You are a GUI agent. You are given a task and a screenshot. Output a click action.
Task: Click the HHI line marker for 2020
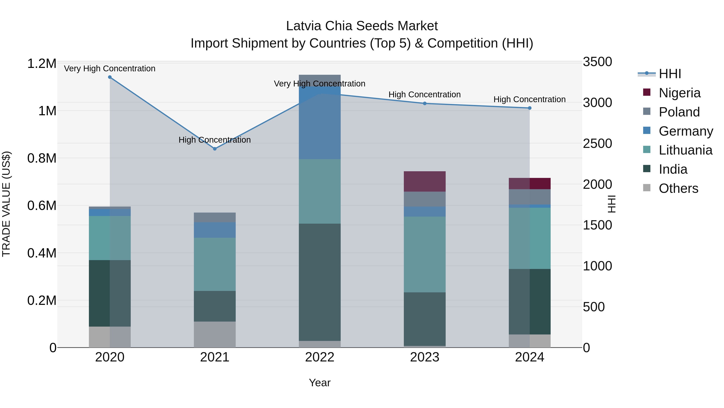pos(110,77)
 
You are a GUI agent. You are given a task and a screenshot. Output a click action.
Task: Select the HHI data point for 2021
pos(215,149)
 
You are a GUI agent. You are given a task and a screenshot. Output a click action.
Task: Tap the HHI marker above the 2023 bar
pos(425,103)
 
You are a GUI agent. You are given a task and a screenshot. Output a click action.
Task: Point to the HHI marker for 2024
pos(530,108)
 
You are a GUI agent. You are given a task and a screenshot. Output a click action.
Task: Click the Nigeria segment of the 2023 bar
pos(425,181)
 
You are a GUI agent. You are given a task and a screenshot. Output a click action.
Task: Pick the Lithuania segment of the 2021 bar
pos(215,264)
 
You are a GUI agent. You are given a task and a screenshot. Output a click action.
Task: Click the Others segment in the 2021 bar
pos(215,334)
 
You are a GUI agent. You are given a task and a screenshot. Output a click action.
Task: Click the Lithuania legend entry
pos(685,150)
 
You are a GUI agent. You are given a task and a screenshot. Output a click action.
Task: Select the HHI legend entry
pos(670,74)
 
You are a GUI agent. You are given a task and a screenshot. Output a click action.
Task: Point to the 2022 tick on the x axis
pos(320,357)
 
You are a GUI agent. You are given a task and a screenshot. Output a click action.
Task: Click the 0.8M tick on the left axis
pos(42,158)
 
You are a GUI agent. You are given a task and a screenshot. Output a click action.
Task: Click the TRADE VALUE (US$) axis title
pos(6,204)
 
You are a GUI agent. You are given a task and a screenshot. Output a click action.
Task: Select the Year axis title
pos(320,383)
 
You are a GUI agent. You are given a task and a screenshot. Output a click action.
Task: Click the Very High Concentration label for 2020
pos(110,69)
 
